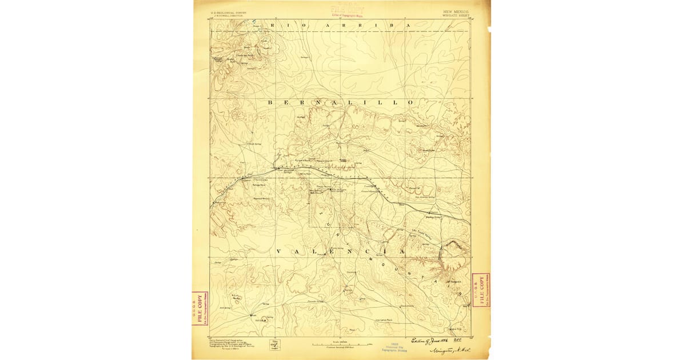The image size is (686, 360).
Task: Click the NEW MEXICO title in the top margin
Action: point(456,11)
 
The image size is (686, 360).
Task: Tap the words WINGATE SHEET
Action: point(455,15)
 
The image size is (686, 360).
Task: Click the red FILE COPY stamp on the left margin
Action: point(200,309)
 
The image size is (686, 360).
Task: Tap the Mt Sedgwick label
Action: point(453,282)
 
